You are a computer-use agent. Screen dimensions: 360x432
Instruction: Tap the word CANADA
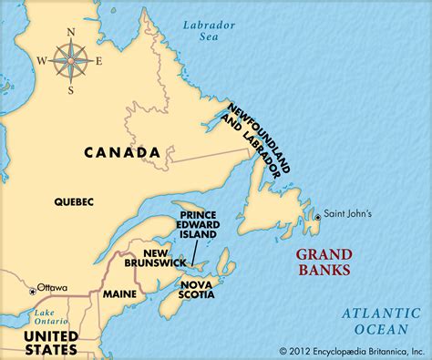(x=122, y=152)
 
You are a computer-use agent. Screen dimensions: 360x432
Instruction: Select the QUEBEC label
(x=74, y=202)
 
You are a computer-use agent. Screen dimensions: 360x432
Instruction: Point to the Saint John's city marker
(x=317, y=217)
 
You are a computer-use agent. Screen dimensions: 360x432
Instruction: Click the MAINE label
(x=120, y=293)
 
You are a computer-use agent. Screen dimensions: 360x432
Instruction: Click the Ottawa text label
(x=52, y=287)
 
